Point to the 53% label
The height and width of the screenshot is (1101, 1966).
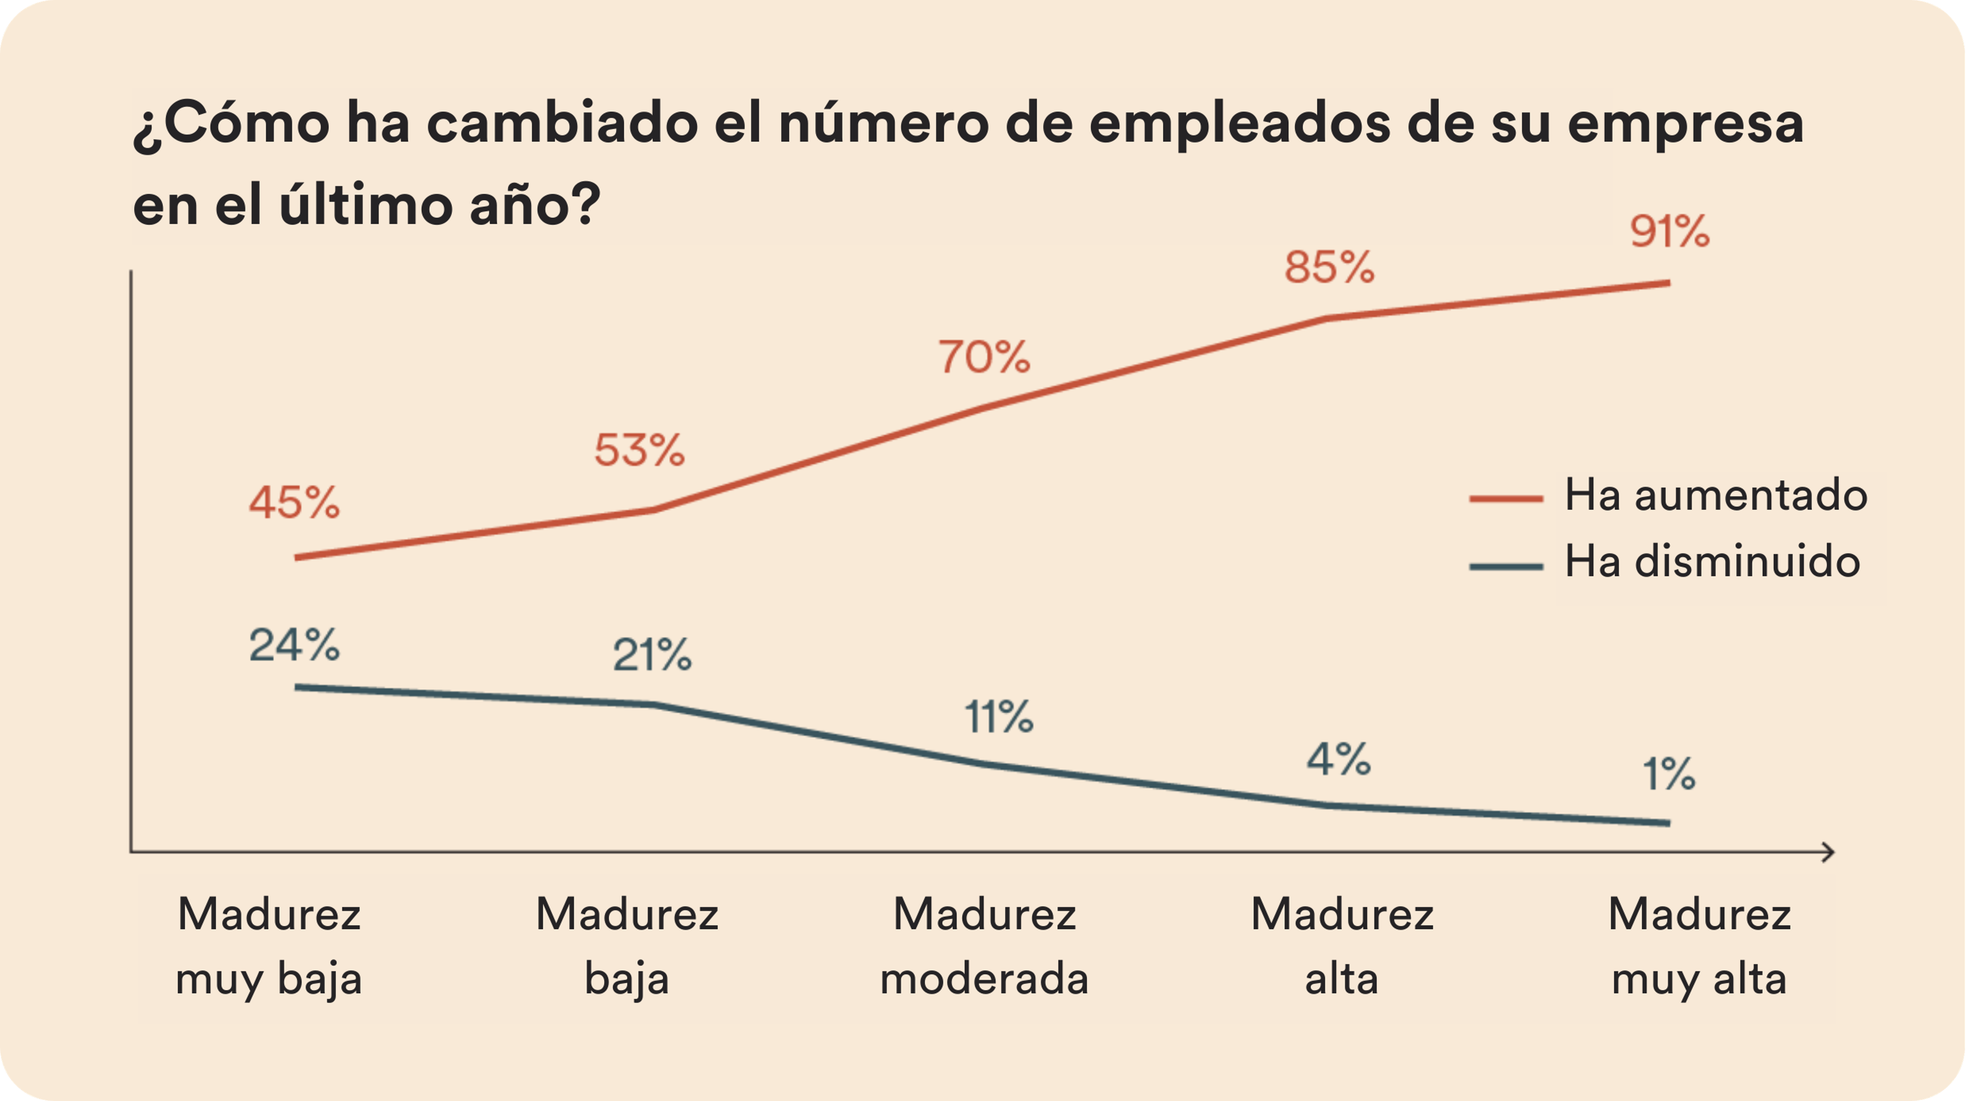point(639,449)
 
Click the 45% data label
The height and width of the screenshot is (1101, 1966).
point(294,503)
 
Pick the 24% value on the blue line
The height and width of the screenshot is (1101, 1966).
point(294,645)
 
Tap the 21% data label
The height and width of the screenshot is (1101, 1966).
point(652,655)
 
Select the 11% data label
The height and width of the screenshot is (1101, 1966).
point(999,717)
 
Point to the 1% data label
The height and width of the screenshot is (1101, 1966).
point(1669,774)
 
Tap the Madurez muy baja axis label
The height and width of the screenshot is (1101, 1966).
point(269,946)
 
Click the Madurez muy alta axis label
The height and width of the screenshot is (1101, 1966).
point(1699,946)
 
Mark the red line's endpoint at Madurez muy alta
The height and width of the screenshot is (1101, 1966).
point(1669,283)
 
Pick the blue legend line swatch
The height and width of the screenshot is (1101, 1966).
point(1506,567)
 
